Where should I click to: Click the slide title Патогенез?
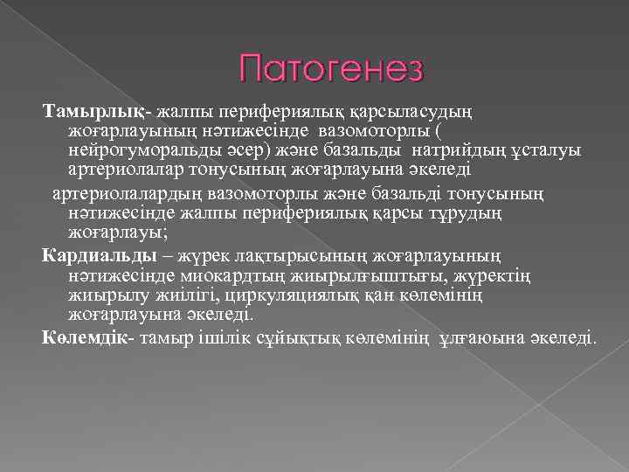pos(332,68)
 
